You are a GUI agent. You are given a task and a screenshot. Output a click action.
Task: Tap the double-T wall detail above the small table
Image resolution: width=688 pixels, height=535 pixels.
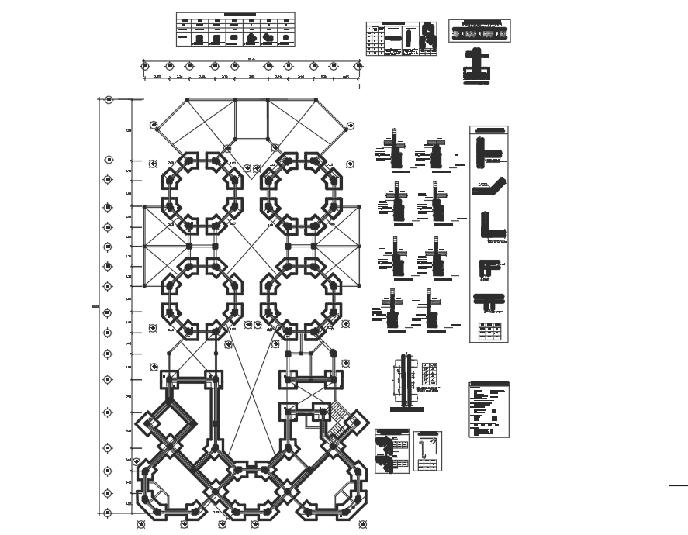tap(488, 301)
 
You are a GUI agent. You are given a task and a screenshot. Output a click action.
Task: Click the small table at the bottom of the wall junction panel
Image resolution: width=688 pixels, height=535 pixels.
tap(489, 331)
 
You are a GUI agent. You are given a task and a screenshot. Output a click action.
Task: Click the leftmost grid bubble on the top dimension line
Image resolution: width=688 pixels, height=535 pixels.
tap(145, 67)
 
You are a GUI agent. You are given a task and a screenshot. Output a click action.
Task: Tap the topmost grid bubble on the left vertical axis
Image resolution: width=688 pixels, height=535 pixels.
tap(109, 99)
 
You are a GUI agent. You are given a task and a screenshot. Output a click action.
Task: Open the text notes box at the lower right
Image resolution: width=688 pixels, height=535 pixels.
tap(489, 409)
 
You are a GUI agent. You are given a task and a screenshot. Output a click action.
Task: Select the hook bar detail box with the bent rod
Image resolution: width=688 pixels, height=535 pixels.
tap(427, 452)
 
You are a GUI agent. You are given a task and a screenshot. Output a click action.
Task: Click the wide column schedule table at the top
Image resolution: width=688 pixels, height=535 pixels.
tap(235, 29)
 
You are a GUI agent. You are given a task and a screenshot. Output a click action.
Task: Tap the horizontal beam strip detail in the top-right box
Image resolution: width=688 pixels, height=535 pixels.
tap(479, 32)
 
